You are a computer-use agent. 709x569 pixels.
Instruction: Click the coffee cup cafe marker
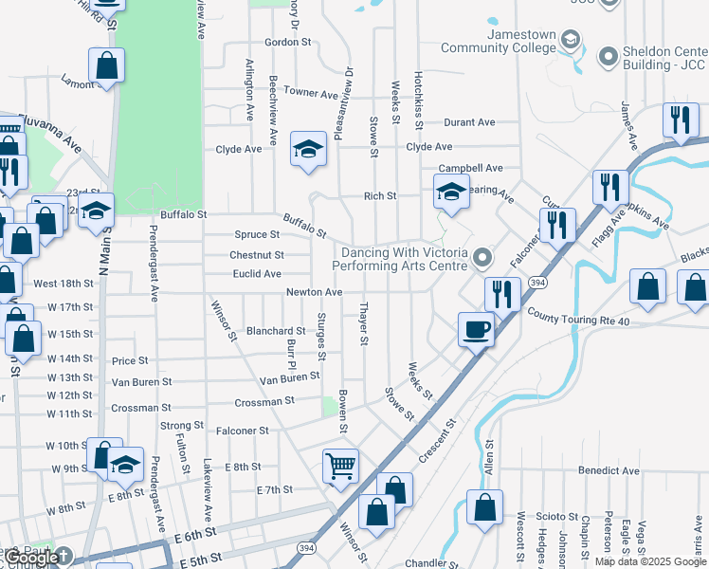(x=477, y=329)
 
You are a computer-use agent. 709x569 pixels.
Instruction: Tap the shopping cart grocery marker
(x=340, y=466)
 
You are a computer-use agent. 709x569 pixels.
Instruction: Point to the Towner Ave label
(x=311, y=94)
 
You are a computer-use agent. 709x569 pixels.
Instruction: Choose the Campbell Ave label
(x=476, y=168)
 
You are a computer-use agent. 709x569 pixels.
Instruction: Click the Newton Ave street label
(x=315, y=292)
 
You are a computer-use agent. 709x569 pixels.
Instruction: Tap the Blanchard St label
(x=276, y=331)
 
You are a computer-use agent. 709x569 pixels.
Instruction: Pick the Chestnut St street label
(x=257, y=255)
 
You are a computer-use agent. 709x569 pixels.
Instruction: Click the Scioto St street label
(x=557, y=516)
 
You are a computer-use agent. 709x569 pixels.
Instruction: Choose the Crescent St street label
(x=438, y=440)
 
